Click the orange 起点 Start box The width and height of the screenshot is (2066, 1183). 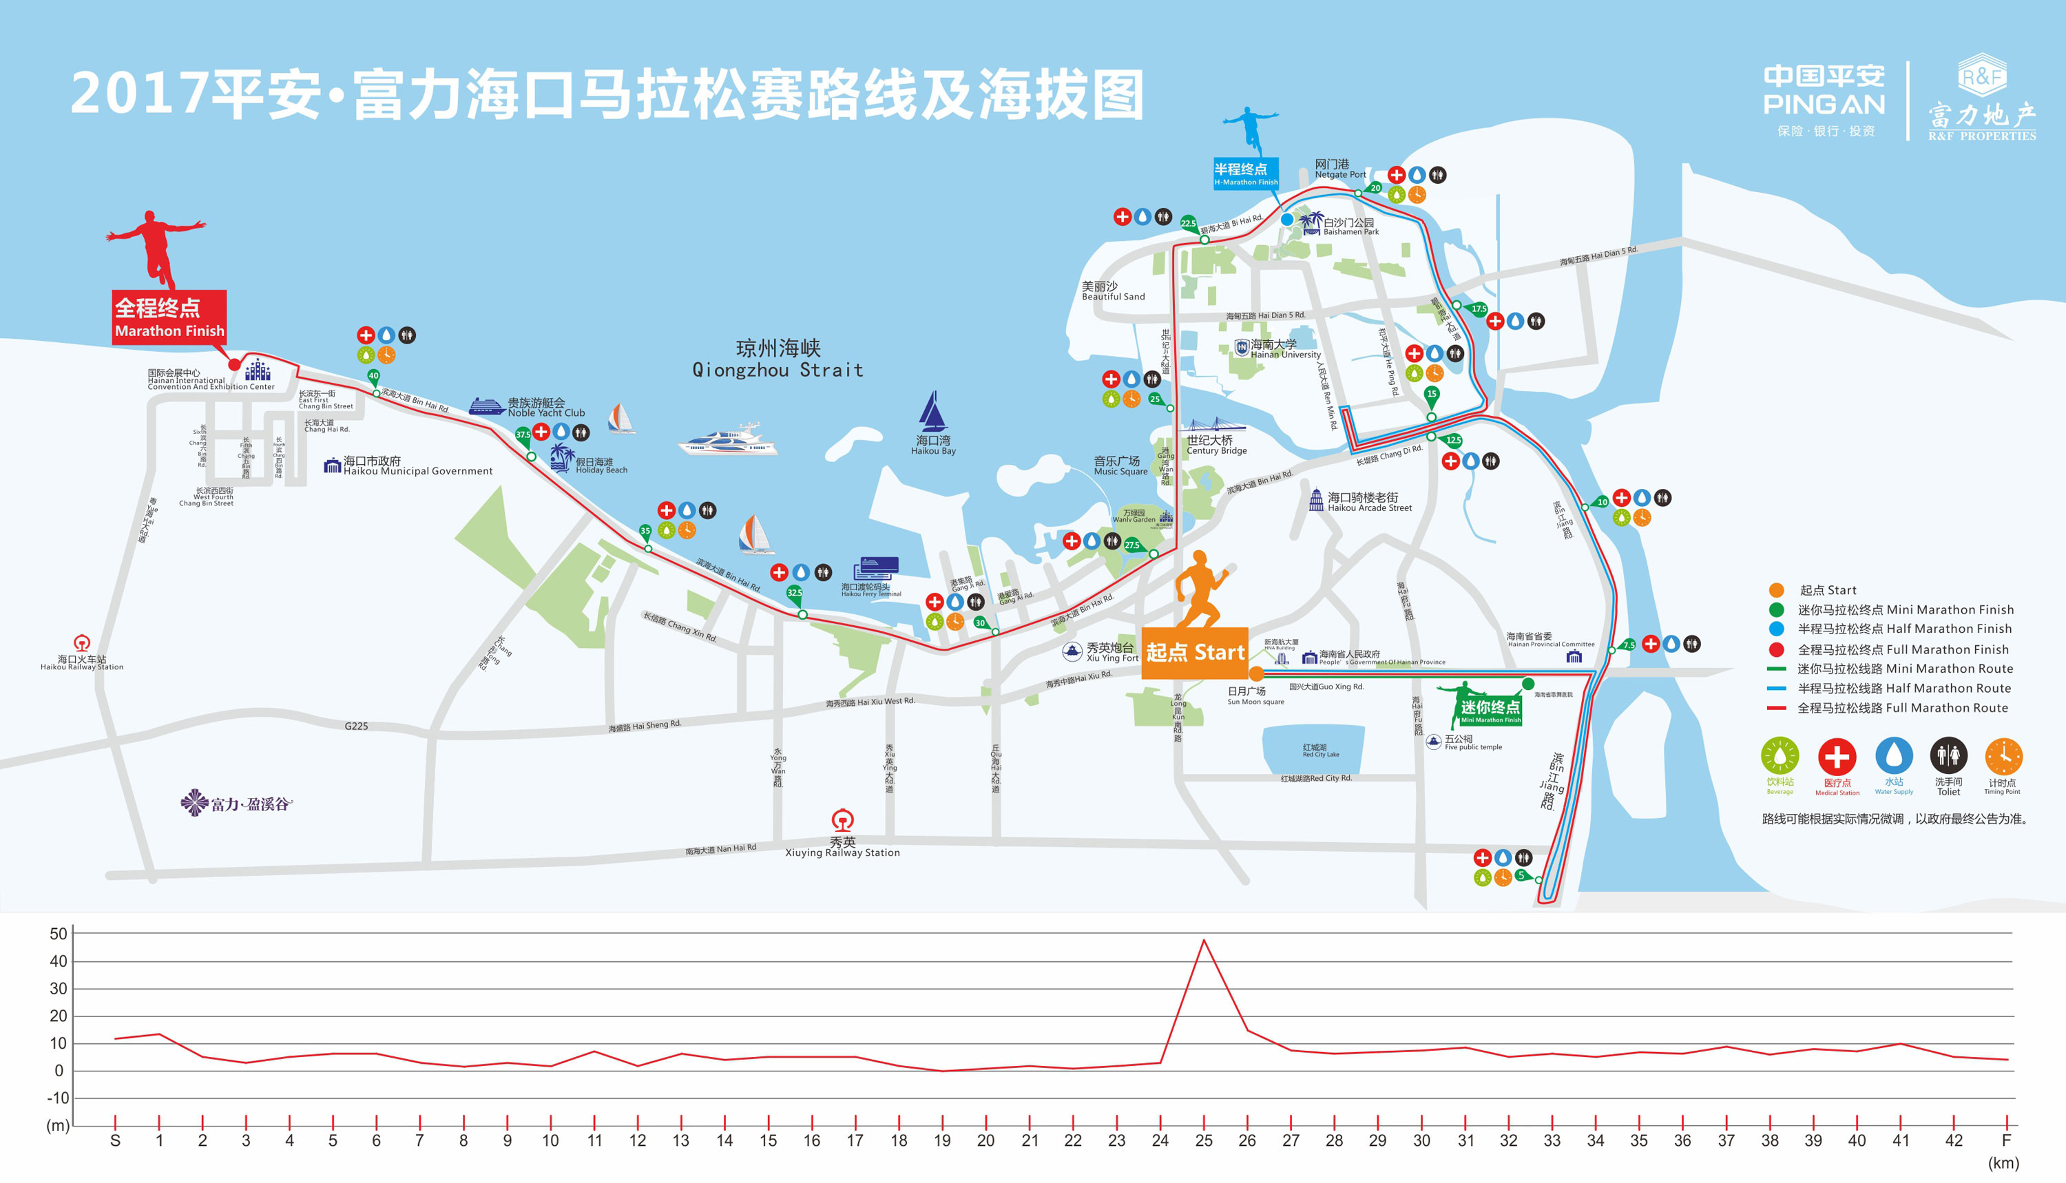1194,652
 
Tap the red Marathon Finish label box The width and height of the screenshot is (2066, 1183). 169,317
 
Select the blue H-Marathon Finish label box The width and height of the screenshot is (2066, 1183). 1245,173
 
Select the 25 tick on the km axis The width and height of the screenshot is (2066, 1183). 1203,1140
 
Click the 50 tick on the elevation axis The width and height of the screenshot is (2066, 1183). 59,934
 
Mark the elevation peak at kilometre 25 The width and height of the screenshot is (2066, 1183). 1203,940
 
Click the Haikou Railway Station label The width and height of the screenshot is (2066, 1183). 82,663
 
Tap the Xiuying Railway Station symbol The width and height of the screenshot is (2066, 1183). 842,819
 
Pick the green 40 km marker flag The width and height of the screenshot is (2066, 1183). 374,376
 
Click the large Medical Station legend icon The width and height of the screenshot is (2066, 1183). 1837,757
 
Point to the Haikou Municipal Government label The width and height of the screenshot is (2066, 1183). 417,466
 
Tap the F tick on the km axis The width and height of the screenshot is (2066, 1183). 2006,1140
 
